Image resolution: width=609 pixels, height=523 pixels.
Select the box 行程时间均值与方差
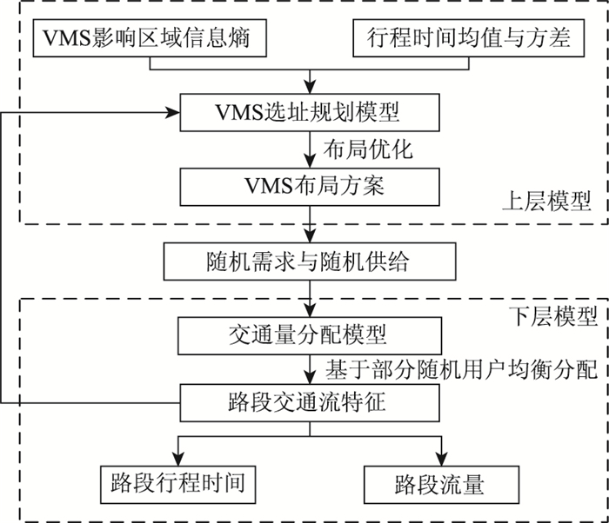pyautogui.click(x=463, y=38)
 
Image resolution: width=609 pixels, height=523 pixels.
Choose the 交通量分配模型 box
pyautogui.click(x=309, y=333)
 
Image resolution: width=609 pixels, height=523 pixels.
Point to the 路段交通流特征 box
pyautogui.click(x=309, y=404)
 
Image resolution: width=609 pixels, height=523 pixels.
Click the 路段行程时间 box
pyautogui.click(x=179, y=480)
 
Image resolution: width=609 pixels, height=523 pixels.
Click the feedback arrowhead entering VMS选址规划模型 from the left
pyautogui.click(x=172, y=113)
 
